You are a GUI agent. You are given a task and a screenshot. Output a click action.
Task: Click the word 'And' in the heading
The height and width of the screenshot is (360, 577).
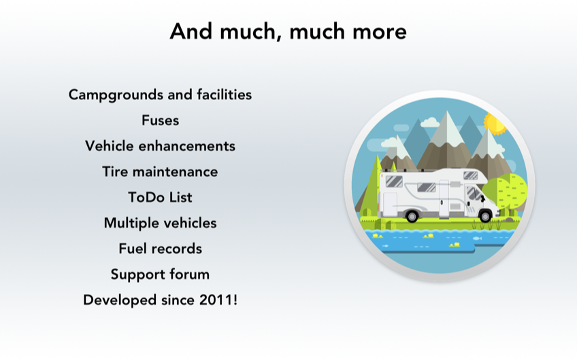(x=191, y=31)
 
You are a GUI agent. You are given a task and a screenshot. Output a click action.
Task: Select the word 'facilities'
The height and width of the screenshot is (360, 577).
(x=224, y=95)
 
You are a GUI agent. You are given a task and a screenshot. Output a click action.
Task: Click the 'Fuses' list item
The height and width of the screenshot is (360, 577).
(x=161, y=120)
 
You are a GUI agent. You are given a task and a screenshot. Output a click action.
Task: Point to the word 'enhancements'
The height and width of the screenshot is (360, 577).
(x=186, y=146)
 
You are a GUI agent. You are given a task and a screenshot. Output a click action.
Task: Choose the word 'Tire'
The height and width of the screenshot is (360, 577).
(x=115, y=171)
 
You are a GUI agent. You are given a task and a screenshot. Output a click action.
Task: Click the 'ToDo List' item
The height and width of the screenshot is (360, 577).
(x=160, y=197)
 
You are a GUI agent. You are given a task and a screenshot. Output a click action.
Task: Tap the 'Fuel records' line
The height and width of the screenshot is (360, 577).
(x=160, y=248)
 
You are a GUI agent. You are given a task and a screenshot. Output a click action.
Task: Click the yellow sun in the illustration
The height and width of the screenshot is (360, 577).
(x=495, y=123)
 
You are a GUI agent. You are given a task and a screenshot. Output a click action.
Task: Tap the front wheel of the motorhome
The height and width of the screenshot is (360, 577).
(x=485, y=216)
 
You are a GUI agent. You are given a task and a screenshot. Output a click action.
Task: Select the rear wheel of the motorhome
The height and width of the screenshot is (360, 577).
(x=412, y=216)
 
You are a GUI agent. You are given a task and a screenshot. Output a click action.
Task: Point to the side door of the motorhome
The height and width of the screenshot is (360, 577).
(x=444, y=199)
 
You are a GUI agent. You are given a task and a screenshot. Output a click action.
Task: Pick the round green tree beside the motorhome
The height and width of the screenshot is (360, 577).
(x=507, y=191)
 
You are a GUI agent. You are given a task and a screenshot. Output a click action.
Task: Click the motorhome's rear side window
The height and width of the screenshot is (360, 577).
(x=394, y=181)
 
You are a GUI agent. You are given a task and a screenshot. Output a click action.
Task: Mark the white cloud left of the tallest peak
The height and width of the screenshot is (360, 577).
(x=430, y=122)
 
